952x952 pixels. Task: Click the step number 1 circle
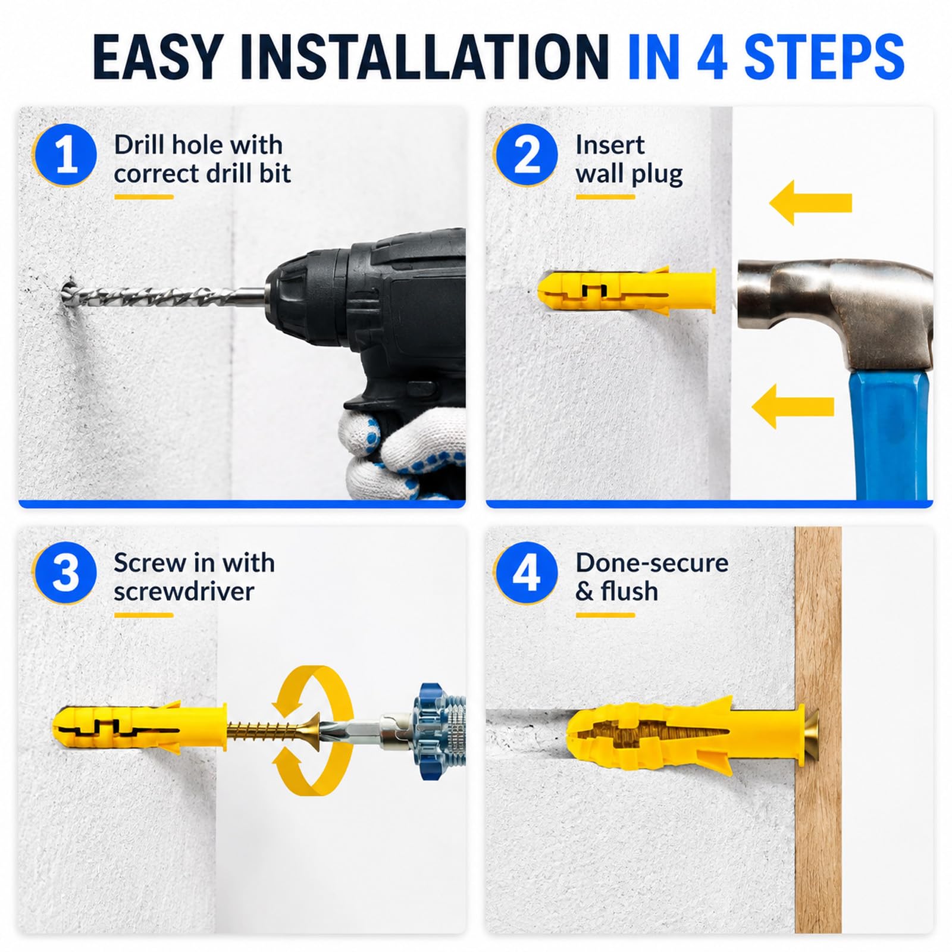pos(65,155)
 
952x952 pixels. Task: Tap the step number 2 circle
pos(526,155)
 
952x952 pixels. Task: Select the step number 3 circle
pos(65,574)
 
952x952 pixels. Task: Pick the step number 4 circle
pos(526,574)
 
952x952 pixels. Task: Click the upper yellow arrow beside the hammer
pos(810,203)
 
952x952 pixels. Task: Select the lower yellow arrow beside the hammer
pos(793,406)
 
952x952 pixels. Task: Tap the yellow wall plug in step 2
pos(626,292)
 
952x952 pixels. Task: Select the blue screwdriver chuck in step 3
pos(439,731)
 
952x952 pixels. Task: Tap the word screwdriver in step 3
pos(184,591)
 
